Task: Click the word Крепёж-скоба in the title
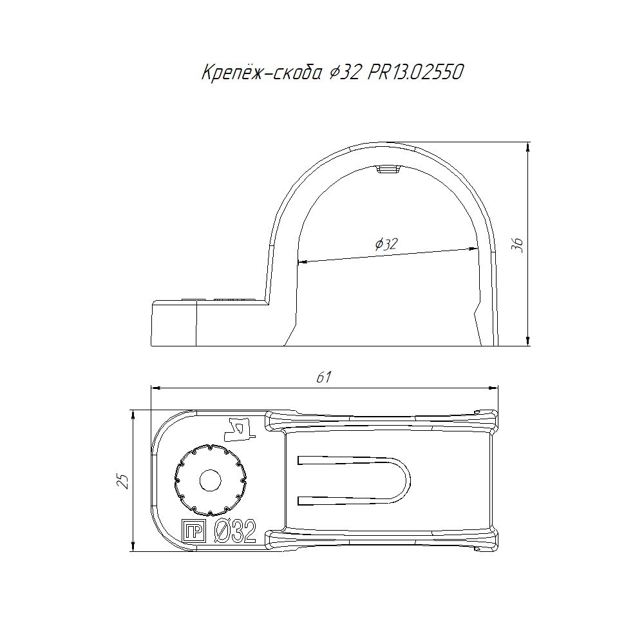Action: tap(261, 73)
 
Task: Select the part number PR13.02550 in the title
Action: tap(415, 73)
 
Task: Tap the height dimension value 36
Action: tap(518, 245)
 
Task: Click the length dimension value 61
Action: tap(324, 377)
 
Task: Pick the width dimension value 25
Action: tap(123, 480)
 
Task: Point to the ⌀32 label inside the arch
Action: tap(386, 244)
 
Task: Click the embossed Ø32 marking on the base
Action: tap(236, 531)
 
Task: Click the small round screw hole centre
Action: tap(211, 480)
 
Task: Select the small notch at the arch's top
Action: tap(388, 169)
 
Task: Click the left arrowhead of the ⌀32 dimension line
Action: tap(302, 261)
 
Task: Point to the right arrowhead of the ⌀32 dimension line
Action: tap(473, 249)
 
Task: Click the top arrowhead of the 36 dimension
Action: tap(528, 147)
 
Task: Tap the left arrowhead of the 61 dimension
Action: tap(156, 387)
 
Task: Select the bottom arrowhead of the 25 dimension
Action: tap(133, 546)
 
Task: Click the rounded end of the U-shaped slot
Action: tap(406, 480)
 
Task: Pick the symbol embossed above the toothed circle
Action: tap(241, 428)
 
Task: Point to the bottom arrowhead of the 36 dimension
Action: tap(528, 341)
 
